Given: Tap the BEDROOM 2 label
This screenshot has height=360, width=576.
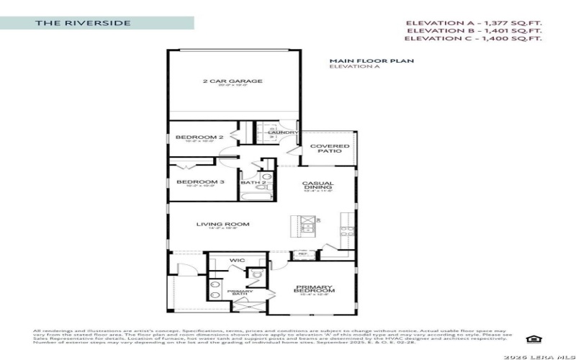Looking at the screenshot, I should (x=191, y=137).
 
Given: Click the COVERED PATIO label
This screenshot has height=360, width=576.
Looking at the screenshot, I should (x=329, y=149).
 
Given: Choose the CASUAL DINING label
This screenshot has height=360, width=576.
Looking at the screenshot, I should (x=318, y=186).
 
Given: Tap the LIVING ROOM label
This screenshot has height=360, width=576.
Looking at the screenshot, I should (x=222, y=224).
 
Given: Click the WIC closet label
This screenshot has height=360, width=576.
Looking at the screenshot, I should (x=237, y=260).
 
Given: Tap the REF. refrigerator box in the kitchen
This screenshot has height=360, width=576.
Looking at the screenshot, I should (x=302, y=254).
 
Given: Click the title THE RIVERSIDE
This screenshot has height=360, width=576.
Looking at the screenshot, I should (x=84, y=23).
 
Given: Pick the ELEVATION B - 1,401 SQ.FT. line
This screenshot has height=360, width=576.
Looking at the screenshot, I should (x=474, y=31).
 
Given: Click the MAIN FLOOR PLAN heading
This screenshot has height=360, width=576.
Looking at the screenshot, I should (x=371, y=61).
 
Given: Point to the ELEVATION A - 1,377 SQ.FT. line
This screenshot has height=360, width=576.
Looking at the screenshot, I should (x=474, y=22).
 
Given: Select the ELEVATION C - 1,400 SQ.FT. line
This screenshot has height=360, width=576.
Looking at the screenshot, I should (x=474, y=40).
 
